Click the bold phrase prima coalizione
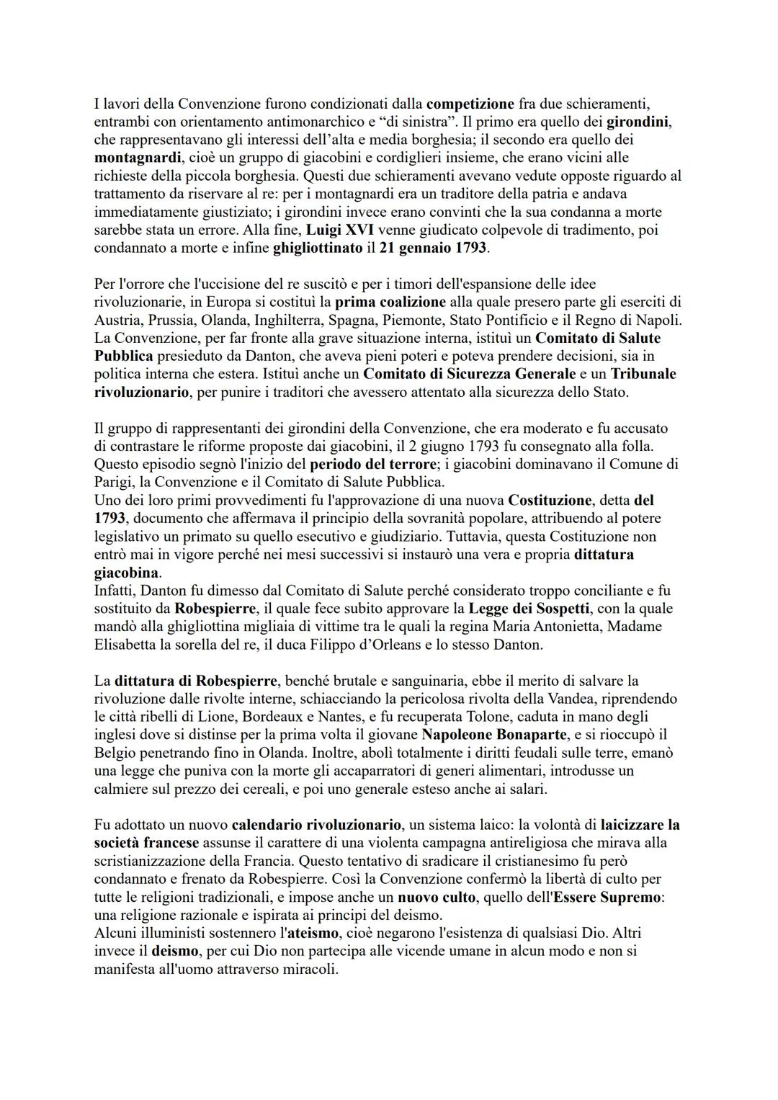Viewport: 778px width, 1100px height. [x=390, y=302]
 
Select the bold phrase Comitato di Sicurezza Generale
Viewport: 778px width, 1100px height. [x=469, y=374]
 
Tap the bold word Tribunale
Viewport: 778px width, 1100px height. [x=643, y=374]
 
